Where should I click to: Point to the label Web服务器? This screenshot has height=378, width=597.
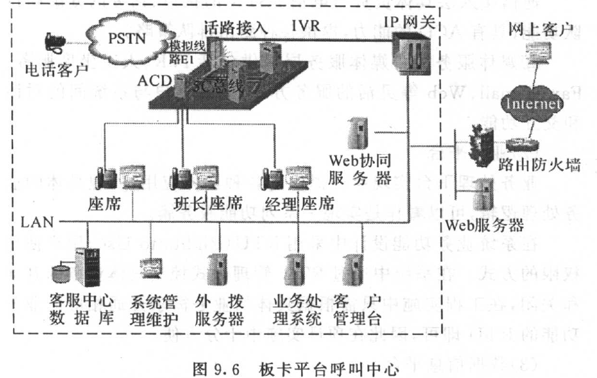[485, 226]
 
